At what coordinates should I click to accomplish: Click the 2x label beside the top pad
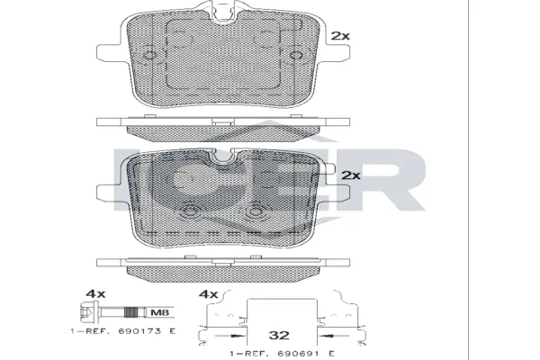pos(339,36)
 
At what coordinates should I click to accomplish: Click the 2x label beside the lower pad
pos(351,175)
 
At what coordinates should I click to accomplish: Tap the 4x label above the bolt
pos(96,294)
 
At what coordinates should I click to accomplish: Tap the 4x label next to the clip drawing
pos(209,294)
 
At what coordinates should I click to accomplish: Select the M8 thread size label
pos(157,313)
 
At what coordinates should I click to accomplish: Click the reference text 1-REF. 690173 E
pos(122,333)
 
